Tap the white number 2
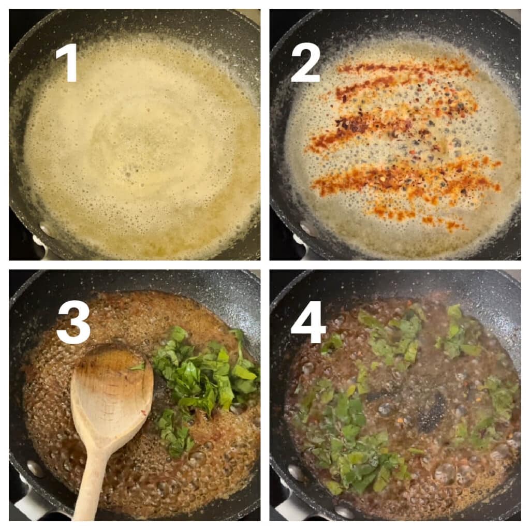pyautogui.click(x=305, y=63)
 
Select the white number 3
pyautogui.click(x=73, y=321)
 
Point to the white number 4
pyautogui.click(x=308, y=321)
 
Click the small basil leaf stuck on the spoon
pyautogui.click(x=138, y=366)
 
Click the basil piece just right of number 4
pyautogui.click(x=332, y=344)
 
